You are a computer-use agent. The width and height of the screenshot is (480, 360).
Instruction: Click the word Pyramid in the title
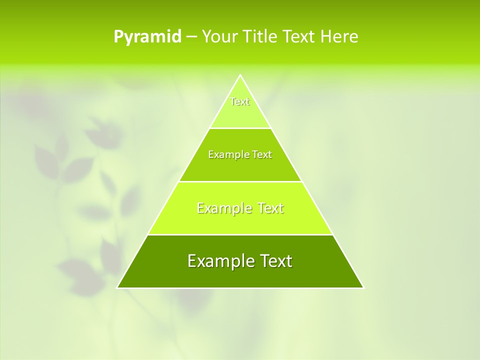[x=147, y=37]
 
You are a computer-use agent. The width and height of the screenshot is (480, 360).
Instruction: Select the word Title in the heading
[x=263, y=37]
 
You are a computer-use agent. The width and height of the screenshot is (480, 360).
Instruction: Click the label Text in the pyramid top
[x=240, y=101]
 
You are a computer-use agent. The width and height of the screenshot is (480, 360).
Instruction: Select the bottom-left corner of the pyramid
[x=118, y=287]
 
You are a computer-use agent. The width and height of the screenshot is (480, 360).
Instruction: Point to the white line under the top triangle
[x=240, y=128]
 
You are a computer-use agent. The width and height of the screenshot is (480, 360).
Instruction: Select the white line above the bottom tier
[x=240, y=234]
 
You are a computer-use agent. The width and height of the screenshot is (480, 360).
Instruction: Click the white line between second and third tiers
[x=240, y=181]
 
